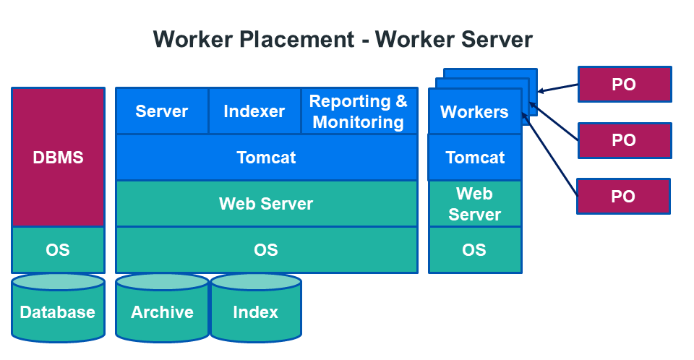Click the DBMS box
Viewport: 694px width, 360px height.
pyautogui.click(x=58, y=157)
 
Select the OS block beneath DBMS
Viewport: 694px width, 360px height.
pyautogui.click(x=58, y=250)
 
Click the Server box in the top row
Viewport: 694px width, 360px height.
pyautogui.click(x=162, y=111)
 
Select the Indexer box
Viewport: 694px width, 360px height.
pyautogui.click(x=254, y=111)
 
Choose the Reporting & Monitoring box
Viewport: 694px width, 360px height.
pyautogui.click(x=359, y=111)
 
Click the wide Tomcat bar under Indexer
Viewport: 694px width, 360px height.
pyautogui.click(x=266, y=157)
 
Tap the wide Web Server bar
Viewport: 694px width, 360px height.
pyautogui.click(x=266, y=204)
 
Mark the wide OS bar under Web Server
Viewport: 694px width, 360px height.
pyautogui.click(x=266, y=250)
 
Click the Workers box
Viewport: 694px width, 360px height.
pyautogui.click(x=474, y=112)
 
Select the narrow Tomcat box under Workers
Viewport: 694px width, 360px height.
pyautogui.click(x=475, y=158)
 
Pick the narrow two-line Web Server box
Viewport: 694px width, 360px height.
pyautogui.click(x=475, y=204)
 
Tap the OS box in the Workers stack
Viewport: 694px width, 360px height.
pyautogui.click(x=475, y=250)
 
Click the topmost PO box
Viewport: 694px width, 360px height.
pyautogui.click(x=625, y=84)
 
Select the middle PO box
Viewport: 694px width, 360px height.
pyautogui.click(x=625, y=140)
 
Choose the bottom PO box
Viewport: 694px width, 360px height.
pyautogui.click(x=624, y=196)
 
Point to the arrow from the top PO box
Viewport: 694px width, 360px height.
pyautogui.click(x=558, y=88)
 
